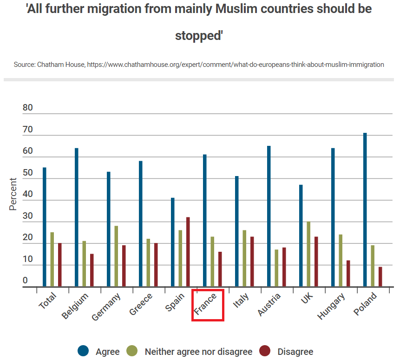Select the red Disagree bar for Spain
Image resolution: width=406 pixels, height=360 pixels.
pyautogui.click(x=188, y=252)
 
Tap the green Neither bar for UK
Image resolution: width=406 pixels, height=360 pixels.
pyautogui.click(x=308, y=254)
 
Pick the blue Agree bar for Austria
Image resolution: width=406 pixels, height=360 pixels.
pyautogui.click(x=269, y=216)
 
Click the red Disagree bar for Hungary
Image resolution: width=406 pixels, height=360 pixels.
pyautogui.click(x=348, y=274)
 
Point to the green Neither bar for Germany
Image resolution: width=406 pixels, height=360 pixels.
pyautogui.click(x=116, y=256)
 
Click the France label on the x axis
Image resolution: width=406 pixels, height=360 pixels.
pyautogui.click(x=206, y=305)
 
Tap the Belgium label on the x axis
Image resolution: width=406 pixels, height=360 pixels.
pyautogui.click(x=75, y=307)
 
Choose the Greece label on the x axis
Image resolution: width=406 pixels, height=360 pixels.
pyautogui.click(x=141, y=305)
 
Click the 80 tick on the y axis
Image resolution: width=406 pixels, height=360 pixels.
pyautogui.click(x=28, y=108)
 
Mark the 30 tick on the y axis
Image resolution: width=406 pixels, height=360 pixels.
pyautogui.click(x=28, y=216)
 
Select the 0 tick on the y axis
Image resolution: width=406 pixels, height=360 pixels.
pyautogui.click(x=25, y=281)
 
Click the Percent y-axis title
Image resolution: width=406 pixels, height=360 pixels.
pyautogui.click(x=13, y=194)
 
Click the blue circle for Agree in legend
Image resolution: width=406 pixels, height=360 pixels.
pyautogui.click(x=84, y=352)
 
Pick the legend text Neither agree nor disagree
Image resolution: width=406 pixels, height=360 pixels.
pyautogui.click(x=198, y=352)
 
